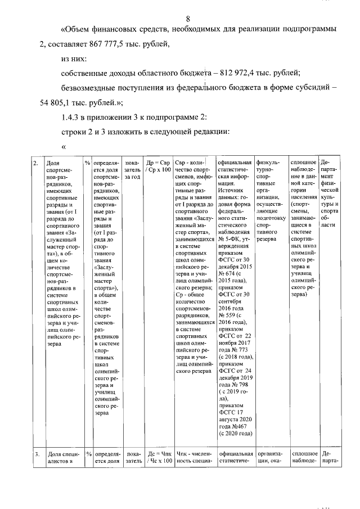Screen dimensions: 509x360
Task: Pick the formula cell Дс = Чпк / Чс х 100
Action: pyautogui.click(x=158, y=457)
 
